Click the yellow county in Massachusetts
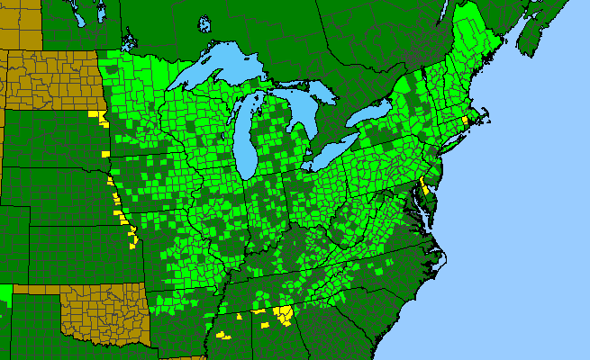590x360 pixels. (x=465, y=120)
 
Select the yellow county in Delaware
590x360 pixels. (x=422, y=189)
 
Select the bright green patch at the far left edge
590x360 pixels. (x=5, y=292)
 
